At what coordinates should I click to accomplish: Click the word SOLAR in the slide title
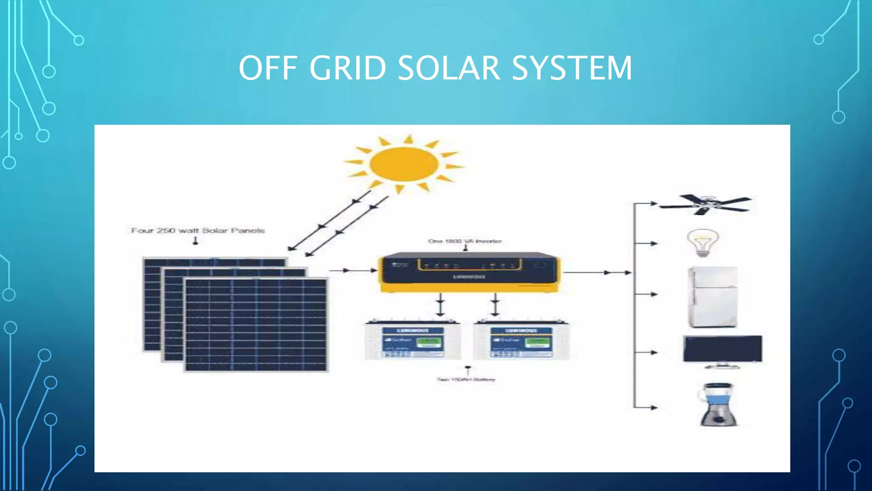[449, 68]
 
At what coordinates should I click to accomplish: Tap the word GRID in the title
[347, 68]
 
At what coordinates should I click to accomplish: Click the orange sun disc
[404, 164]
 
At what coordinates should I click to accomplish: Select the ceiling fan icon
[705, 205]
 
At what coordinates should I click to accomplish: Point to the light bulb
[703, 243]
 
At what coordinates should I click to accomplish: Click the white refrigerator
[713, 297]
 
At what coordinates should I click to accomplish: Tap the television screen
[723, 349]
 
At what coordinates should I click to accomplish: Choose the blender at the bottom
[718, 404]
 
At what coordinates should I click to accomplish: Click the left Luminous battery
[412, 341]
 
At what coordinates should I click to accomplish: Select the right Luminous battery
[521, 341]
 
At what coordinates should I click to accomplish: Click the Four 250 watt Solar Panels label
[198, 231]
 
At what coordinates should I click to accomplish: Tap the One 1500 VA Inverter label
[465, 241]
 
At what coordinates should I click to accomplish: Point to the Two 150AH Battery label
[466, 379]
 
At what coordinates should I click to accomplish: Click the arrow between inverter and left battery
[441, 304]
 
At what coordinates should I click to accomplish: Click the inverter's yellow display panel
[469, 265]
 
